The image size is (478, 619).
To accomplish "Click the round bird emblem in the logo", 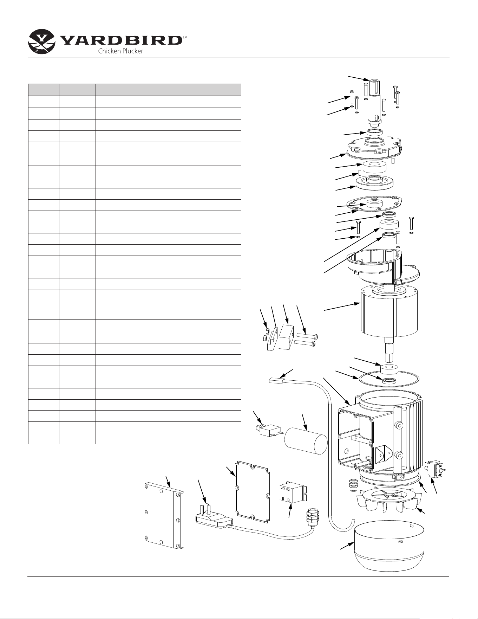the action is pos(41,41).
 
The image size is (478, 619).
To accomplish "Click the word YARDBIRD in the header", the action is pos(121,40).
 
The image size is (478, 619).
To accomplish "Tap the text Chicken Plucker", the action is pos(120,51).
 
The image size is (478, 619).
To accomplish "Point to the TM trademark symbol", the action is pos(185,37).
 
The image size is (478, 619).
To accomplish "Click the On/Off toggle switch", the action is pos(436,469).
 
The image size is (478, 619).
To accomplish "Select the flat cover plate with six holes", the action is pos(164,515).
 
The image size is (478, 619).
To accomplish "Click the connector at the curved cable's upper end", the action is pos(276,380).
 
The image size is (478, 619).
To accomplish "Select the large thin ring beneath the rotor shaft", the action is pos(388,378).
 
